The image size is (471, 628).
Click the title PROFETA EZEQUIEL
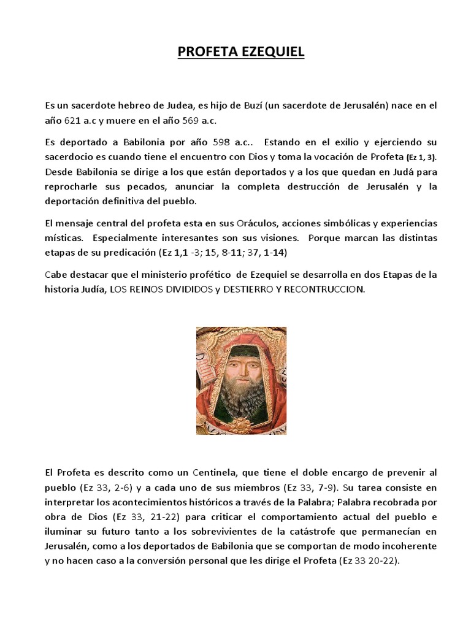coord(240,53)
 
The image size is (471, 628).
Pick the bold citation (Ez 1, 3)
coord(414,157)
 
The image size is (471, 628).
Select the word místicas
coord(64,237)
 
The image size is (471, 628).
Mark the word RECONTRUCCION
coord(331,288)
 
